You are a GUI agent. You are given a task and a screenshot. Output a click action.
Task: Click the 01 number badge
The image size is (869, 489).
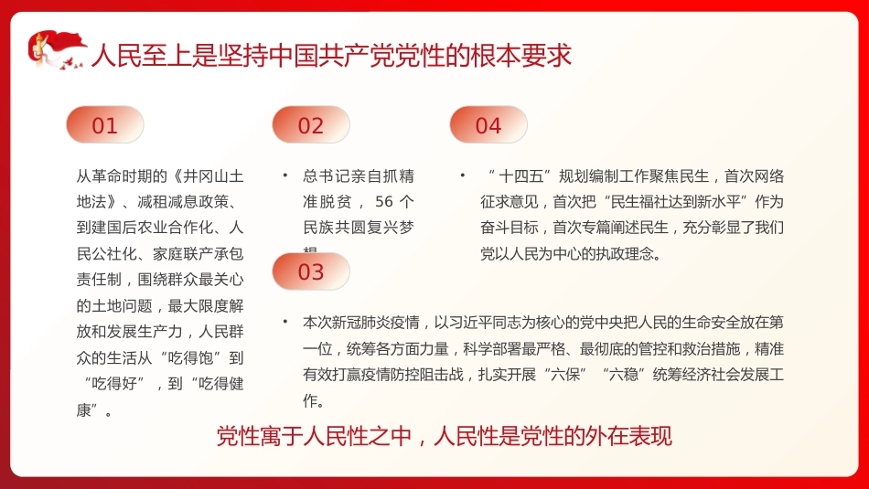(x=105, y=125)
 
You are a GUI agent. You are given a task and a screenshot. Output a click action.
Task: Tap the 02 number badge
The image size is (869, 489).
(x=311, y=125)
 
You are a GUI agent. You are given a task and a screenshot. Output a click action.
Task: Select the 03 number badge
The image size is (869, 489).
(x=311, y=271)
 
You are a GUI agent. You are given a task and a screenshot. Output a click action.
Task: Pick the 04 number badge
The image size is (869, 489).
(x=488, y=125)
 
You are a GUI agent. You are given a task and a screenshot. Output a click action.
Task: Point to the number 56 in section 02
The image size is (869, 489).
(x=384, y=201)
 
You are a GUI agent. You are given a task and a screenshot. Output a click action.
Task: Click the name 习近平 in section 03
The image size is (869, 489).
(x=475, y=323)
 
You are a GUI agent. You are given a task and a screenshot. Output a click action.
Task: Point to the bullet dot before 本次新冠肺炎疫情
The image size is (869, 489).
(x=284, y=322)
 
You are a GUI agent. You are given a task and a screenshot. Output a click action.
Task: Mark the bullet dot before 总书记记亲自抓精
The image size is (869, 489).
(x=284, y=175)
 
